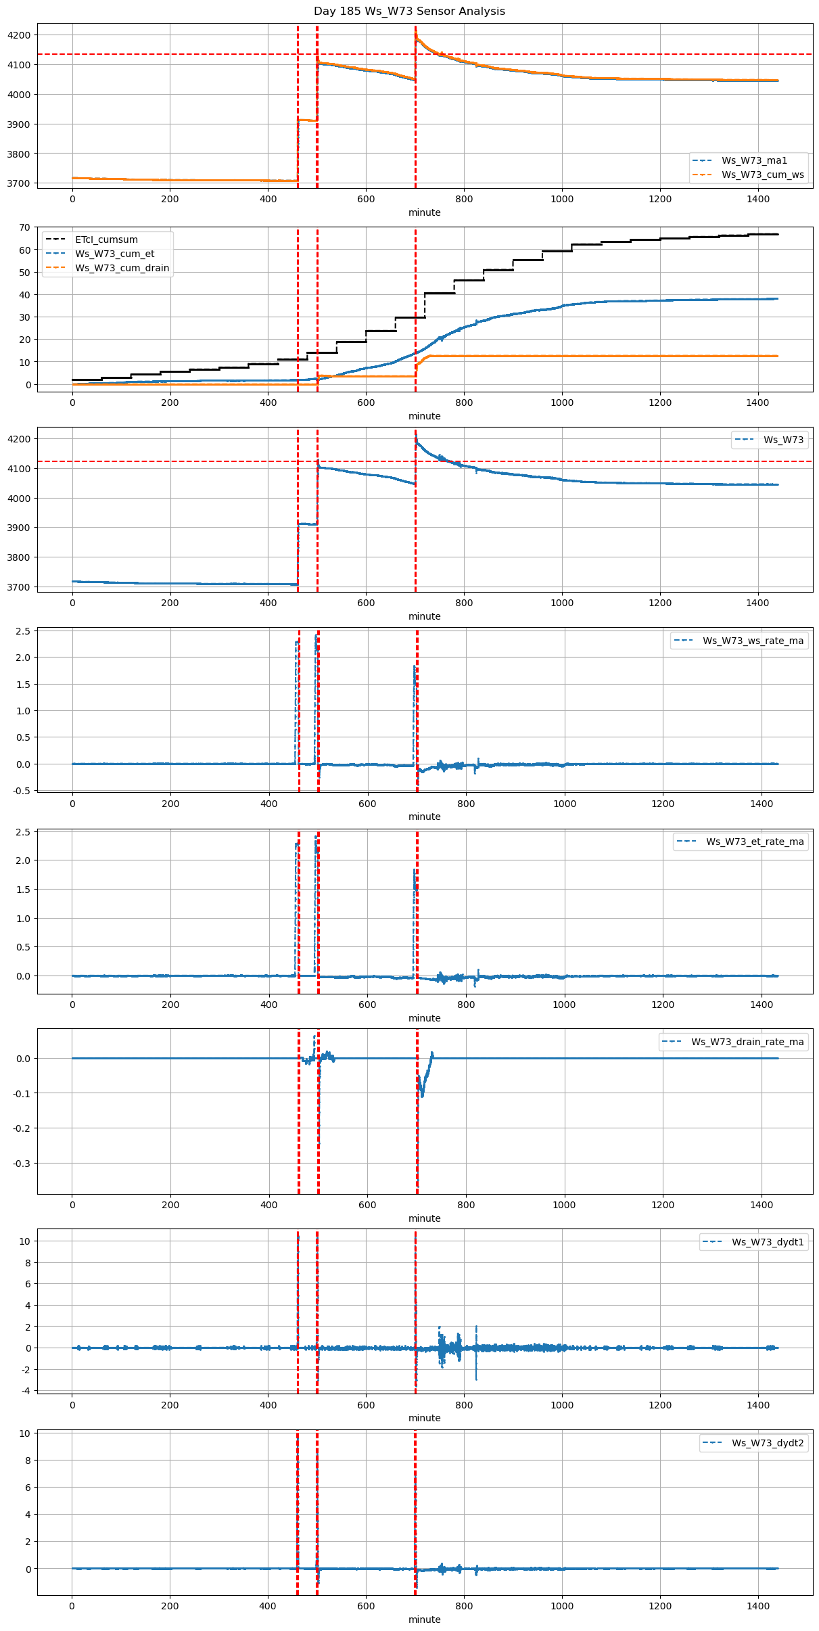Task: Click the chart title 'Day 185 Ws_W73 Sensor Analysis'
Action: point(409,12)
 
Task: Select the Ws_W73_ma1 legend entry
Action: point(754,160)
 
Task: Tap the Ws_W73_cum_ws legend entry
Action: point(762,175)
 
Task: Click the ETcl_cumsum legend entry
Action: point(106,239)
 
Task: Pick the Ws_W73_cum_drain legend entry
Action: point(122,268)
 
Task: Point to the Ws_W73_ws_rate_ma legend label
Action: point(753,641)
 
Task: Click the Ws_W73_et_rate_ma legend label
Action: point(755,842)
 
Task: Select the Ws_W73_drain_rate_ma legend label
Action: point(747,1042)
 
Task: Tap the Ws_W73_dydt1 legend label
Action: point(768,1242)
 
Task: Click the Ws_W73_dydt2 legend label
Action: point(768,1443)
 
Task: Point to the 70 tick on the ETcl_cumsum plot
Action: point(24,227)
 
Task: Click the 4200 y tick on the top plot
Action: point(20,35)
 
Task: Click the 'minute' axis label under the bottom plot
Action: point(424,1619)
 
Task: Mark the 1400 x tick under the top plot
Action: point(757,199)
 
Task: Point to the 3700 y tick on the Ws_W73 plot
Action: point(20,587)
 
